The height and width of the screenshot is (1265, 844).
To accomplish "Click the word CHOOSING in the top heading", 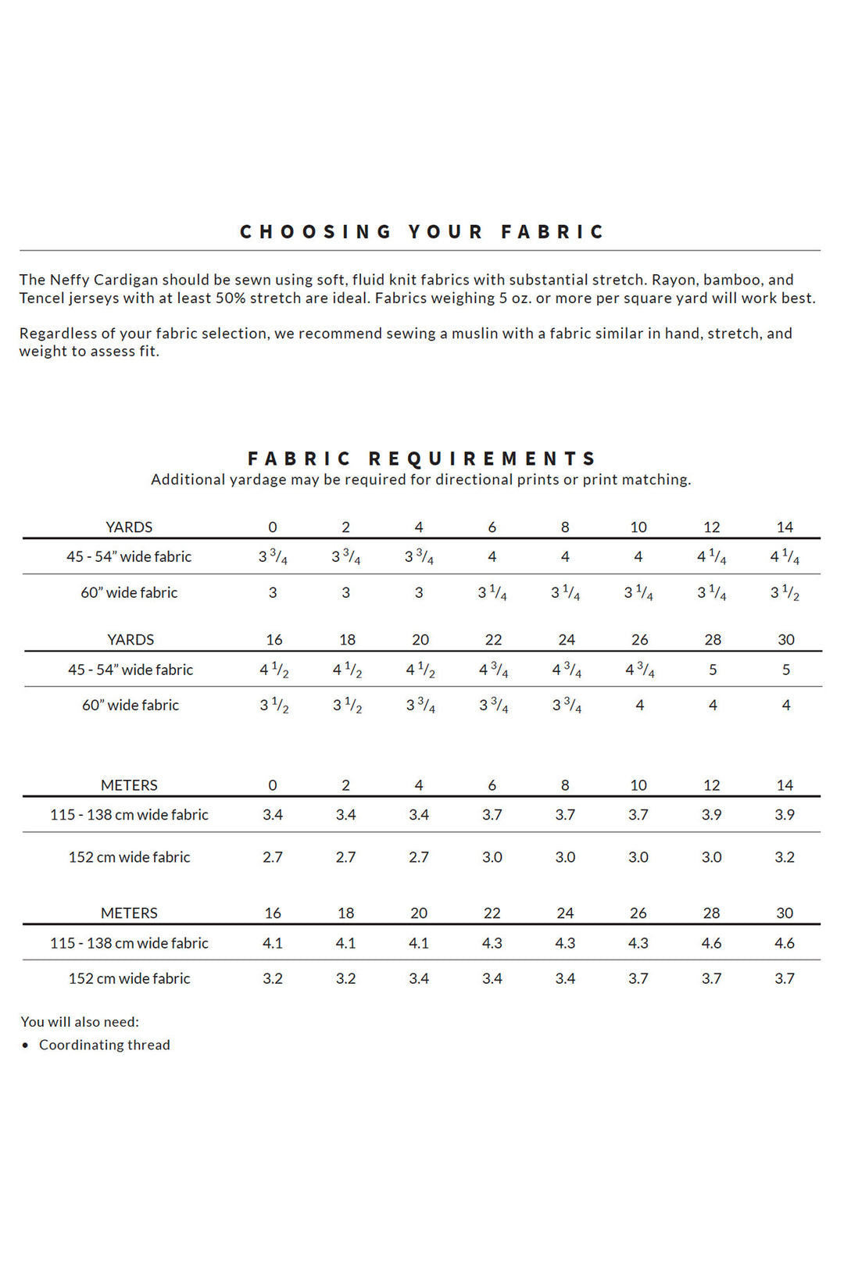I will pyautogui.click(x=316, y=232).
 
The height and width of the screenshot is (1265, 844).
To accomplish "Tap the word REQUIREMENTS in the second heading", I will pyautogui.click(x=482, y=459).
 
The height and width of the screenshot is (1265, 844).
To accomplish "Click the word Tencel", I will pyautogui.click(x=41, y=298).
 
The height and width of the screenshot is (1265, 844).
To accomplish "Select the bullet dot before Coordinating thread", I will pyautogui.click(x=26, y=1045).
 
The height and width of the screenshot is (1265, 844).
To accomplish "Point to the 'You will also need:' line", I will pyautogui.click(x=80, y=1022).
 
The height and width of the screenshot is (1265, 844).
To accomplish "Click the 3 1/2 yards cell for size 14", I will pyautogui.click(x=785, y=593).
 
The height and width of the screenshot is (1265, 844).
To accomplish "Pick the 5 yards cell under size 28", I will pyautogui.click(x=713, y=670).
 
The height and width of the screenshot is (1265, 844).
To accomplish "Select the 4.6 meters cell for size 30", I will pyautogui.click(x=785, y=943).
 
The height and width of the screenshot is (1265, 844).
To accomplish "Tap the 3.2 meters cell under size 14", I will pyautogui.click(x=785, y=857).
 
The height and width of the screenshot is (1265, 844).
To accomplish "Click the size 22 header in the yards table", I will pyautogui.click(x=493, y=640).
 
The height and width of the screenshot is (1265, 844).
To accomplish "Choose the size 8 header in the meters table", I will pyautogui.click(x=565, y=785).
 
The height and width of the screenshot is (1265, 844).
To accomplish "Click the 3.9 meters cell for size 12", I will pyautogui.click(x=711, y=815).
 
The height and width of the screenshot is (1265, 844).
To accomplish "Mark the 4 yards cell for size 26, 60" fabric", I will pyautogui.click(x=639, y=706).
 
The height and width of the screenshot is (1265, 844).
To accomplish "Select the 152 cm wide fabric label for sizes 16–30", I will pyautogui.click(x=130, y=978).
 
